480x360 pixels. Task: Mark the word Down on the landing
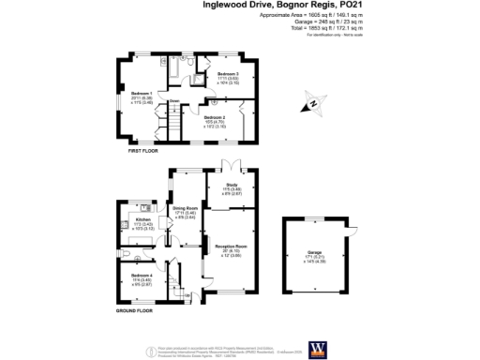[174, 100]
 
